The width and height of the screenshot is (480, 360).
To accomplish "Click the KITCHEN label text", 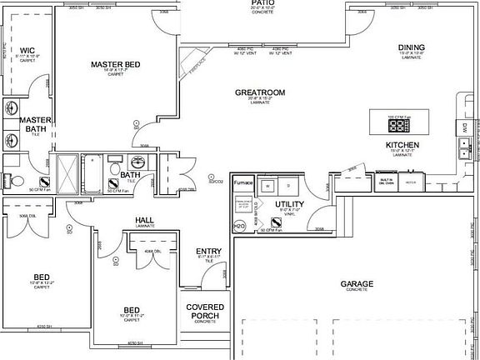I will [x=402, y=145].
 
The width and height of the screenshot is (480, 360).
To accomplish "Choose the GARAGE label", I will [x=357, y=284].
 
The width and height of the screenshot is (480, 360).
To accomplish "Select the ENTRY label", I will [x=208, y=251].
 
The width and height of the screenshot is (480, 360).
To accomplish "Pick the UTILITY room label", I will [x=289, y=204].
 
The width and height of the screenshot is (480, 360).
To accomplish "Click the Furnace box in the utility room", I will [x=242, y=182].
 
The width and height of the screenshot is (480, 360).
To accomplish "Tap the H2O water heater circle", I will [x=238, y=226].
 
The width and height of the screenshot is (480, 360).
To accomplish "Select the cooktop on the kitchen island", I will [x=399, y=126].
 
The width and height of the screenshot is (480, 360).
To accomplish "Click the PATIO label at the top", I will [x=263, y=3].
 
